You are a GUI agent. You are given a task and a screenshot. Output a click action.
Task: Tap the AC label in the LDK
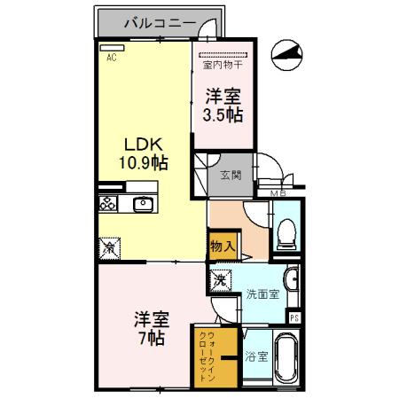pos(112,59)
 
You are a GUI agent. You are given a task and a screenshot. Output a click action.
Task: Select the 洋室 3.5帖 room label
pos(223,106)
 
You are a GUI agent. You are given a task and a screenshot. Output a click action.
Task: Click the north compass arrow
pos(285,55)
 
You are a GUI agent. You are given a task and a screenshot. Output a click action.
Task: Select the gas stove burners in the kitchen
pos(108,203)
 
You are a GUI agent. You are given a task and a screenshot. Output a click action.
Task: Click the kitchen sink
pos(143,204)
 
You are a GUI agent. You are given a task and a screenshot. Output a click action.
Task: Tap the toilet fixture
pos(286,231)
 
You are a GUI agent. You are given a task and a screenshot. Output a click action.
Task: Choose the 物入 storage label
pos(222,247)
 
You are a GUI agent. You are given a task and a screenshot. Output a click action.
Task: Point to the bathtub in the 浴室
pos(286,358)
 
